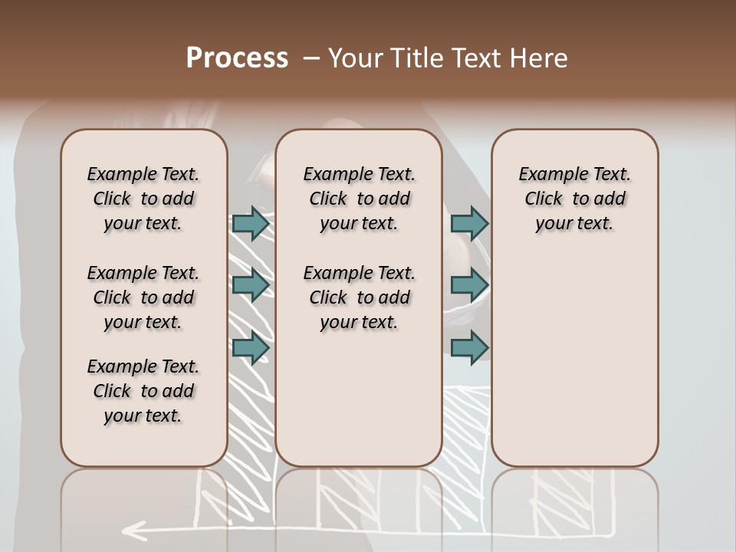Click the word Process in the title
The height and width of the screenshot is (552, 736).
pos(237,58)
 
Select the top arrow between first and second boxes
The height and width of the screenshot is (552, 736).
pos(251,224)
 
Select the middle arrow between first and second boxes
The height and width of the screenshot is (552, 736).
pos(251,285)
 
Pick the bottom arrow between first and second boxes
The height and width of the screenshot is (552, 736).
pos(251,347)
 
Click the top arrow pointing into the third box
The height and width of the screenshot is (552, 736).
pos(469,224)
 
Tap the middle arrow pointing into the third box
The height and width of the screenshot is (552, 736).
pos(469,285)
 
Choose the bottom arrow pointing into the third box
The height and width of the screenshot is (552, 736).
pos(469,347)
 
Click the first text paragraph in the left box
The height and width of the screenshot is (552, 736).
pos(143,199)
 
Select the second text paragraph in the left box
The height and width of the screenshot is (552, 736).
pos(143,297)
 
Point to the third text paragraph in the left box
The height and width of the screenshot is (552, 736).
pos(143,391)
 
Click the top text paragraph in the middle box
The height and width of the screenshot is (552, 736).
pos(359,199)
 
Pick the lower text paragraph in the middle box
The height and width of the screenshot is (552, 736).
pos(359,297)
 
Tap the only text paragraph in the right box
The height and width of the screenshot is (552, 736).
pos(574,199)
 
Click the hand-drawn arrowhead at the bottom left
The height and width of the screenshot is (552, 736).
pos(135,528)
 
